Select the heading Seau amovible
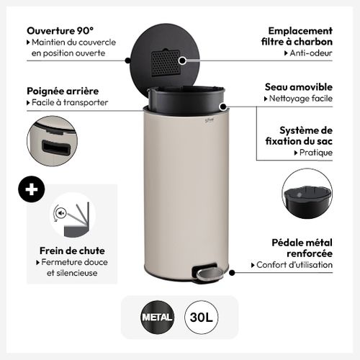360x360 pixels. click(298, 86)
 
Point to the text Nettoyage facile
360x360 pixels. click(300, 99)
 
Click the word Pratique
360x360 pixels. click(314, 153)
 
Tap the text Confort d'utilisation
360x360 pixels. click(295, 265)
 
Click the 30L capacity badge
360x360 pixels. click(202, 316)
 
